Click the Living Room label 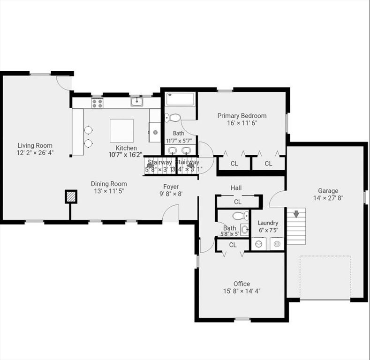point(35,145)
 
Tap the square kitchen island point(121,130)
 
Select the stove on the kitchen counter point(97,103)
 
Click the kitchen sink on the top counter point(137,102)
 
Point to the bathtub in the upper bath point(180,99)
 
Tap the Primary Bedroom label point(242,116)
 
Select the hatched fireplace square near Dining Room point(70,196)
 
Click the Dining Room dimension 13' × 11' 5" point(109,191)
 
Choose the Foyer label point(171,186)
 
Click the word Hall point(236,188)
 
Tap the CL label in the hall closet point(237,202)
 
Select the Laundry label point(268,223)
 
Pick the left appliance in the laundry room point(258,244)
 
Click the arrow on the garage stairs point(296,214)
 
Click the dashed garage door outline point(325,277)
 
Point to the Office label point(242,284)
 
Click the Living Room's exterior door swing point(64,83)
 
